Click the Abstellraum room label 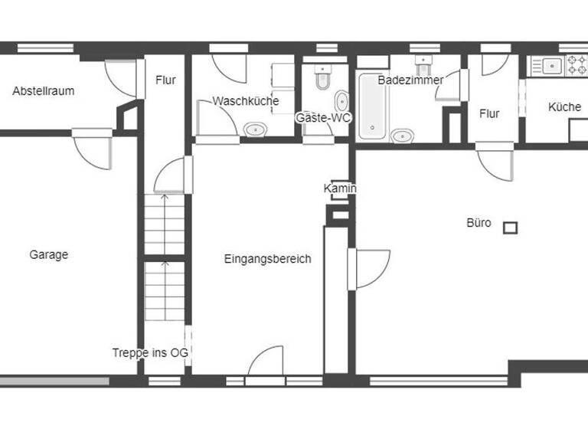pos(44,91)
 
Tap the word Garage pos(49,255)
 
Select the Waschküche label pos(246,101)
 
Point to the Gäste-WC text pos(317,118)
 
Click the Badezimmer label pos(410,80)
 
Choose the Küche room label pos(564,107)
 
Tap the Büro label pos(479,224)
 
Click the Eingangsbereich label pos(267,259)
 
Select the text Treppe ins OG pos(150,352)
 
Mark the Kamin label pos(340,188)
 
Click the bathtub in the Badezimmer pos(373,106)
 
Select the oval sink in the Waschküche pos(255,129)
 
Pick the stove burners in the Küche pos(576,65)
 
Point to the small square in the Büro pos(510,227)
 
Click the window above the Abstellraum pos(45,47)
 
